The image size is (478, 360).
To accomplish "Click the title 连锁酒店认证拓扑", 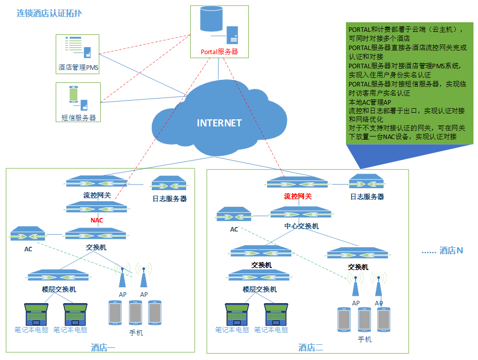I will coord(49,14).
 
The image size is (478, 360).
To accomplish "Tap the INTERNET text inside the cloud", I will coord(219,123).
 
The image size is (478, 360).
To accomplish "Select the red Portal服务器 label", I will coord(219,52).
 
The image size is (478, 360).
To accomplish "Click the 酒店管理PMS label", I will coord(78,67).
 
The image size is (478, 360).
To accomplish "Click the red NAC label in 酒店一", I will coord(97,220).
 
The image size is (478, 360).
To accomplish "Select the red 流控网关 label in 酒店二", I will coord(297,196).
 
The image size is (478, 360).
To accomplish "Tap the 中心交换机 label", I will coord(301,226).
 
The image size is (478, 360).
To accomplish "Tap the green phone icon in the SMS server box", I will coord(73,95).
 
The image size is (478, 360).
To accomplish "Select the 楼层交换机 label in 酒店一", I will coord(59,289).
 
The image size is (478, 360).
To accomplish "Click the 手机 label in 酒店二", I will coord(364,339).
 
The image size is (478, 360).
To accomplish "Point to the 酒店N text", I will coord(451,250).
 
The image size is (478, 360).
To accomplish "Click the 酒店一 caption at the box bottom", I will coord(103,347).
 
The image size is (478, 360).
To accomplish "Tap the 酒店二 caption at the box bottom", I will coord(310,347).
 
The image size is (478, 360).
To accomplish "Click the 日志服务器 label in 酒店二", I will coord(367,197).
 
